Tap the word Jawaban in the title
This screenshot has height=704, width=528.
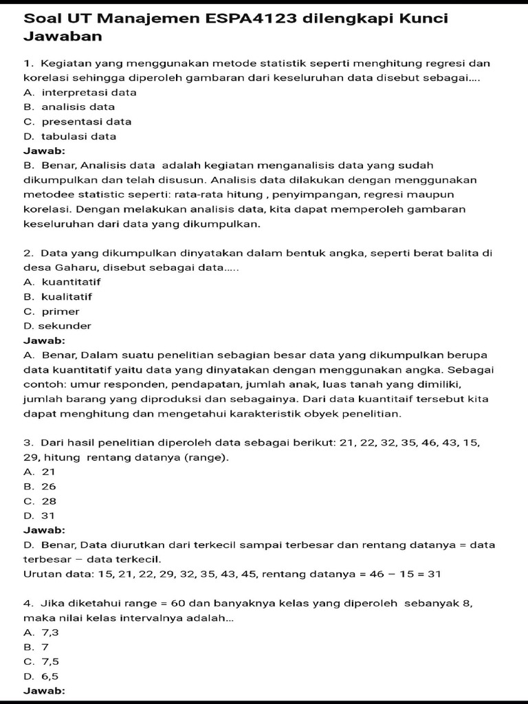[x=63, y=36]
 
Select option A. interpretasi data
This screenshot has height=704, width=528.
[x=80, y=92]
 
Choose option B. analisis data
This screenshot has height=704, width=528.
[x=69, y=107]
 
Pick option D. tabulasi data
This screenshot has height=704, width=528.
[x=69, y=136]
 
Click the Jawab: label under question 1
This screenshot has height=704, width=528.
[x=45, y=151]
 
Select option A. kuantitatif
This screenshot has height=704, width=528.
[x=62, y=282]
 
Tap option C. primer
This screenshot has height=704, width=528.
[x=52, y=311]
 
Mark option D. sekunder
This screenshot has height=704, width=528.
[x=57, y=326]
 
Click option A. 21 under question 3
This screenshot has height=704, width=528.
[x=39, y=472]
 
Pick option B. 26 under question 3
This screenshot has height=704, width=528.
[x=40, y=486]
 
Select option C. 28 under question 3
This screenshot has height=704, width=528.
[x=40, y=501]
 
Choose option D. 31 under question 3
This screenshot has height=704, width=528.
[x=39, y=516]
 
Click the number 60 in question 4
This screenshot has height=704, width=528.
[x=178, y=603]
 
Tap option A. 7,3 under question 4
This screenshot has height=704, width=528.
[x=41, y=632]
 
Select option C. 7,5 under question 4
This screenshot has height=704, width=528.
[x=41, y=661]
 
